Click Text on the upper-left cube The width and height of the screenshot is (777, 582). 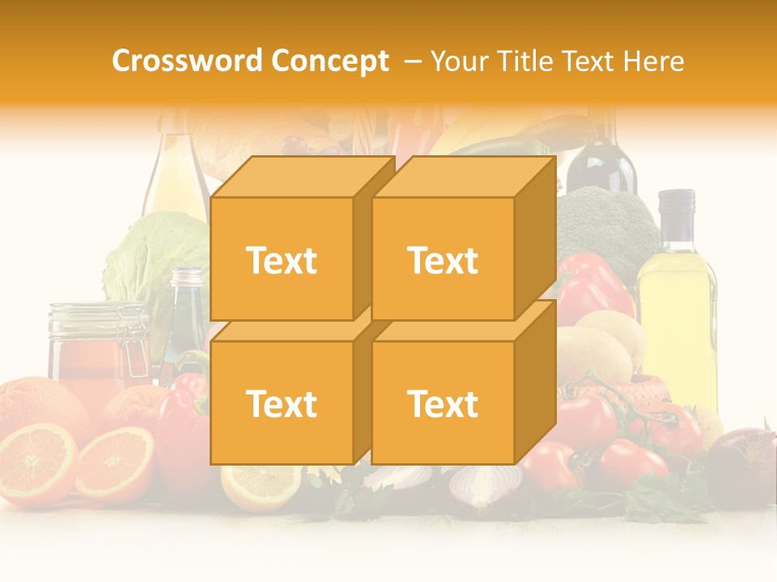click(281, 260)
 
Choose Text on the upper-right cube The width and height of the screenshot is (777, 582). click(443, 260)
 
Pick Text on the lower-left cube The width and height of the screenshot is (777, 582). click(281, 403)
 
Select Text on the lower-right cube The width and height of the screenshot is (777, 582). click(443, 403)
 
